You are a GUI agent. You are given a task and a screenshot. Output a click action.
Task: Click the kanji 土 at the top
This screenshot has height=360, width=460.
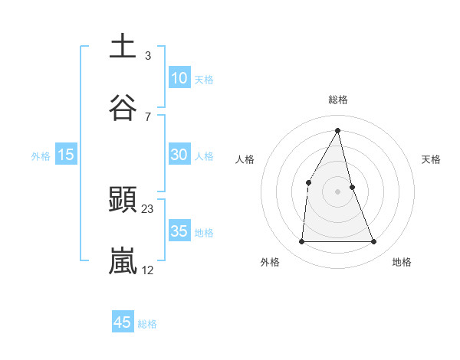[123, 46]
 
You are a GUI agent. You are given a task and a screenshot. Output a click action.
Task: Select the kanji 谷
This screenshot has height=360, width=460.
[123, 108]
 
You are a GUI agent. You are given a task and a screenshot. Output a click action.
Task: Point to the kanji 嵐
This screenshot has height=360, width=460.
[123, 261]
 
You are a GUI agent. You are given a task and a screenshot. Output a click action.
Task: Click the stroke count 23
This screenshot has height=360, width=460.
[148, 208]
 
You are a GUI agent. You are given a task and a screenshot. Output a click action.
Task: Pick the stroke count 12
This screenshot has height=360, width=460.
[148, 270]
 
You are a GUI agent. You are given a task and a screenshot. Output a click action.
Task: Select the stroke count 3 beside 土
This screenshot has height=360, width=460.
[147, 55]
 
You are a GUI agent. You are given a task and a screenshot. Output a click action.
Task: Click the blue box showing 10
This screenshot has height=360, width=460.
[179, 78]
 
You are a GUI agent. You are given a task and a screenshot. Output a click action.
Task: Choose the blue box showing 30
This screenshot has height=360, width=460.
[179, 155]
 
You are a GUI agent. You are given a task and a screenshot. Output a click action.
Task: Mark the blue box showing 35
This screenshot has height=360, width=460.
[179, 231]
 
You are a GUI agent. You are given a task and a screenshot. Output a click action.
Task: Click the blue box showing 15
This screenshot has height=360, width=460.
[66, 155]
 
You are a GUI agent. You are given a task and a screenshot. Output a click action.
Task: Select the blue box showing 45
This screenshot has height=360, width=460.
[123, 322]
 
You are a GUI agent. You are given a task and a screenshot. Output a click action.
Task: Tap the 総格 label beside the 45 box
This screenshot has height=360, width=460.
[147, 324]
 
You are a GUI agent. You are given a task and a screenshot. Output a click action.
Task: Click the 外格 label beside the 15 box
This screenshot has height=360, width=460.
[41, 155]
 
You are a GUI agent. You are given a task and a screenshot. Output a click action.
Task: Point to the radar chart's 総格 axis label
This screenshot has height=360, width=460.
[338, 100]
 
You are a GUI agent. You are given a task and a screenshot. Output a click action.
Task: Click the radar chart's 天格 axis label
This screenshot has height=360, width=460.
[431, 159]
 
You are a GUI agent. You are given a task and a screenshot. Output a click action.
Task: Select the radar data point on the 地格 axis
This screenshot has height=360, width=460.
[374, 242]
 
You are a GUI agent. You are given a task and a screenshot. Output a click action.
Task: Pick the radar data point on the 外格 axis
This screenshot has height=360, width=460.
[301, 242]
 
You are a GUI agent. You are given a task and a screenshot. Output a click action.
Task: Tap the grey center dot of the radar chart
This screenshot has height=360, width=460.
[338, 191]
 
